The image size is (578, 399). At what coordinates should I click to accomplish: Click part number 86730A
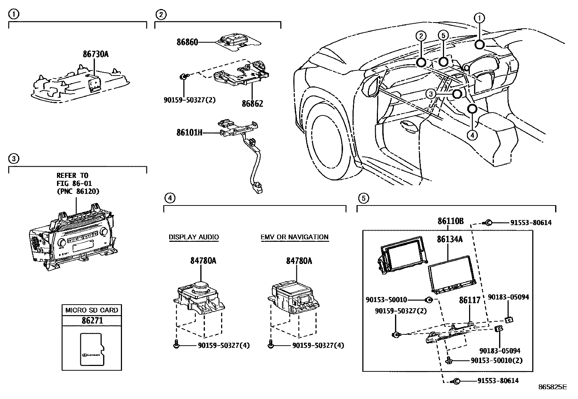coord(95,54)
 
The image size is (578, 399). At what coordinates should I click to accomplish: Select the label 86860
coord(187,42)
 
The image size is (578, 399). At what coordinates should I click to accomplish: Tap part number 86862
coord(252,103)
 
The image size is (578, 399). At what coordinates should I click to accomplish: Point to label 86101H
coord(189,133)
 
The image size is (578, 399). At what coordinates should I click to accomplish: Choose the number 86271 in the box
coord(92,321)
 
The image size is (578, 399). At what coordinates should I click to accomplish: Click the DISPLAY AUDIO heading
coord(194,237)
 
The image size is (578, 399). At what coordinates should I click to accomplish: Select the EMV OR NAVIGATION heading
coord(294,237)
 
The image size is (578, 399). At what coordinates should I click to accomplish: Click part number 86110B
coord(450,221)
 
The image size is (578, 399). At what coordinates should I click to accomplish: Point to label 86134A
coord(449,239)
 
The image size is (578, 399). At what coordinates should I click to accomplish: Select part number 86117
coord(469,300)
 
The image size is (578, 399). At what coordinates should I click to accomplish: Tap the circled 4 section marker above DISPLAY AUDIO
coord(169,198)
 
